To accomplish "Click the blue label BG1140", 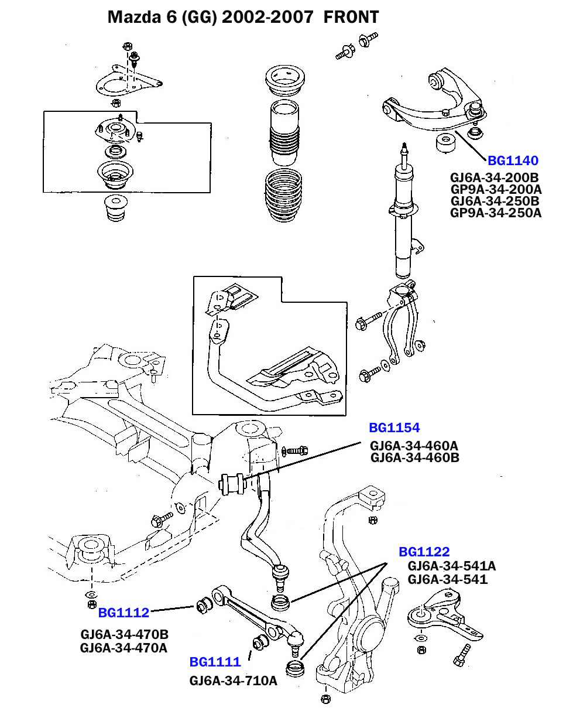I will coord(513,160).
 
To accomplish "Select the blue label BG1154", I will coord(394,428).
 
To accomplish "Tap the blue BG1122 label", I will coord(424,552).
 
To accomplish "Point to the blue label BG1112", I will coord(123,613).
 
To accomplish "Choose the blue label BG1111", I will coord(215,662).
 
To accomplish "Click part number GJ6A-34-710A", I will coord(233,681).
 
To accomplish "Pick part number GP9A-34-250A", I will coord(496,213).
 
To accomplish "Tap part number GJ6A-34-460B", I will coord(415,457).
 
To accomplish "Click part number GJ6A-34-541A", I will coord(452,566).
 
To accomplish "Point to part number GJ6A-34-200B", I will coord(494,177).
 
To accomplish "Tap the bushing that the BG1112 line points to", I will coord(204,604).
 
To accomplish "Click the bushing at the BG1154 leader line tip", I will coord(232,483).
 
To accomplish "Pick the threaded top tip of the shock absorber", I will coord(403,146).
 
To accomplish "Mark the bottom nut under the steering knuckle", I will coord(326,699).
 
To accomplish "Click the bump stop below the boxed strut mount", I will coord(114,209).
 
